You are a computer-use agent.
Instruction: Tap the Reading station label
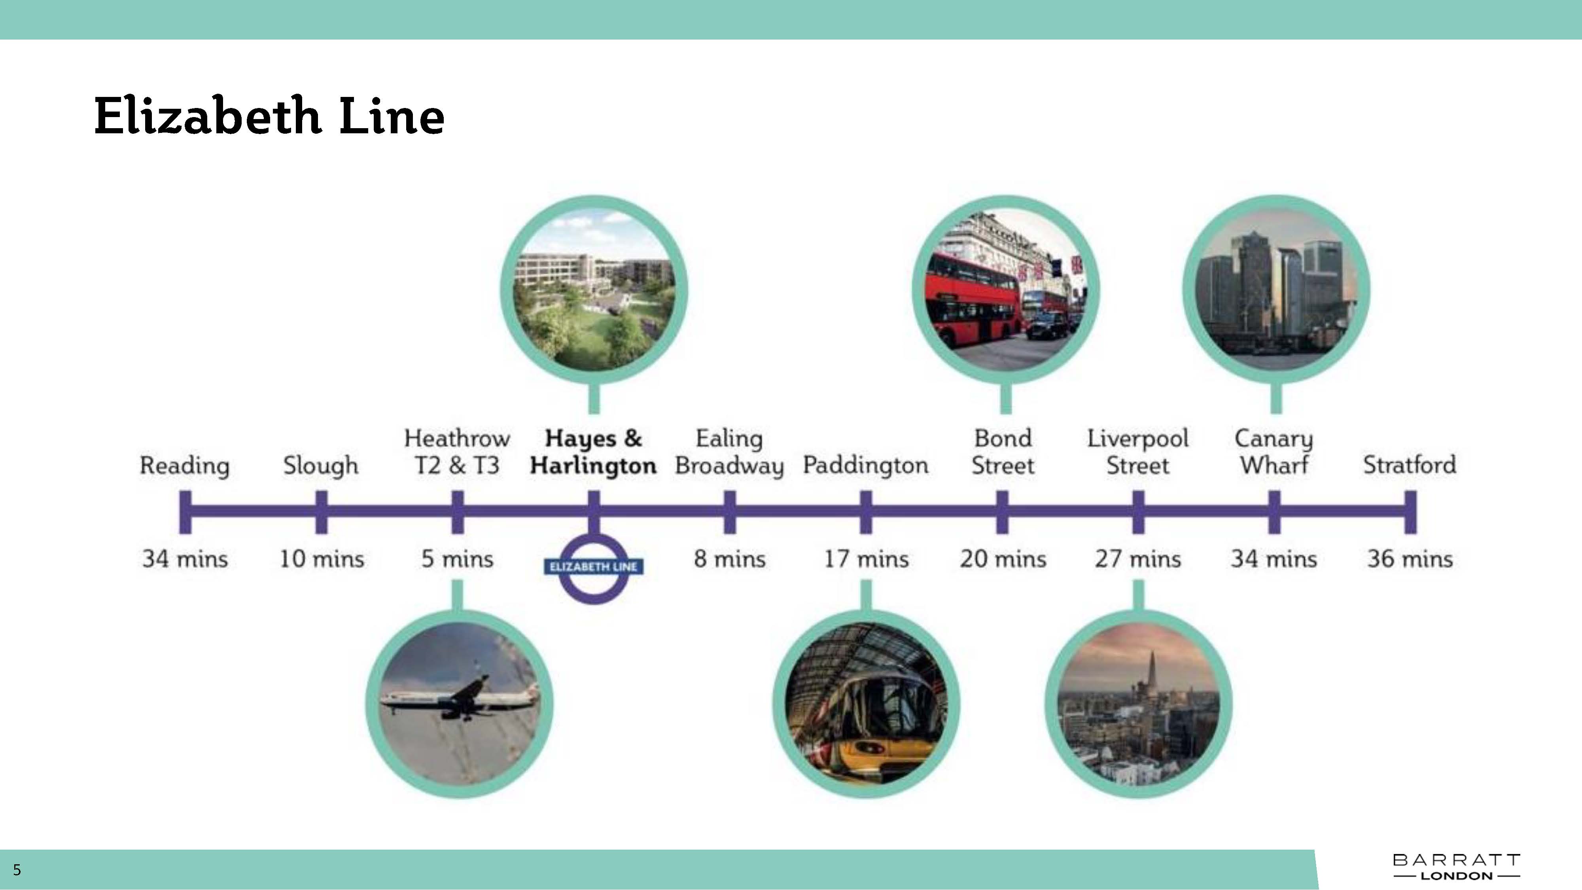pos(184,465)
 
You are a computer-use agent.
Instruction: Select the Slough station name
pos(321,465)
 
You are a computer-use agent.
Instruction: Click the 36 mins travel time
pos(1410,559)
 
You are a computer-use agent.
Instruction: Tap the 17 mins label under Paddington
pos(866,559)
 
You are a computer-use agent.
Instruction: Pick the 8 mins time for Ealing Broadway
pos(730,559)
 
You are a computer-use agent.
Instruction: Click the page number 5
pos(17,870)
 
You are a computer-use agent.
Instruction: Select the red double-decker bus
pos(973,301)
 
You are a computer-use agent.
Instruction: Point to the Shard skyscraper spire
pos(1151,670)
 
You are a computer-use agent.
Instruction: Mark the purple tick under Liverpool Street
pos(1138,511)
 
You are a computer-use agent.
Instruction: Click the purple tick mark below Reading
pos(185,511)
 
